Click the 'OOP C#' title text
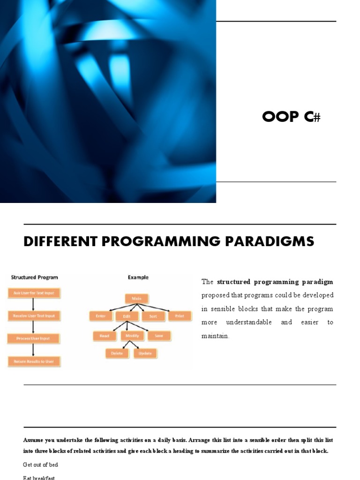(291, 117)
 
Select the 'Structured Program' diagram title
(34, 277)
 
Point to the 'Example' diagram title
(138, 277)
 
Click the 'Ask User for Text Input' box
(34, 293)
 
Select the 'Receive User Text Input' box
(34, 316)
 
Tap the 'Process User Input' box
(34, 338)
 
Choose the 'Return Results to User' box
(34, 361)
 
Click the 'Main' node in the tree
(137, 298)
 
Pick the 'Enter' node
(101, 316)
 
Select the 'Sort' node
(153, 316)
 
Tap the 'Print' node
(179, 316)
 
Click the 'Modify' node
(132, 336)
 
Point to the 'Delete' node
(117, 353)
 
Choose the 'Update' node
(145, 353)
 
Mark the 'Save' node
(159, 336)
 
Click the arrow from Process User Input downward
(33, 350)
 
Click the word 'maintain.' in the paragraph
(215, 336)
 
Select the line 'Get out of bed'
(41, 465)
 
